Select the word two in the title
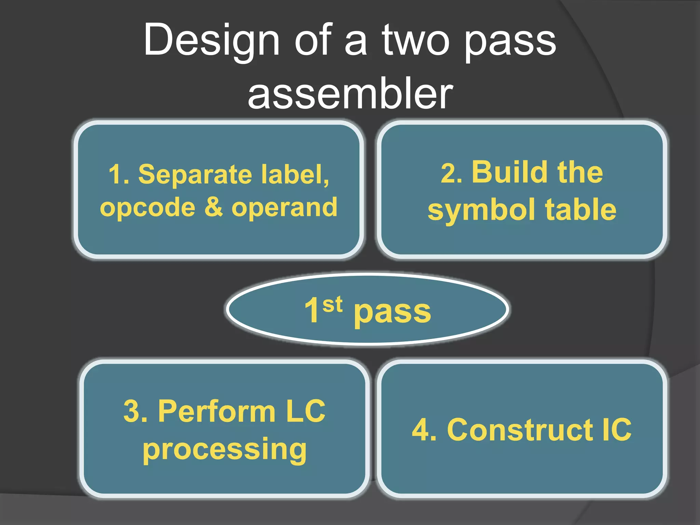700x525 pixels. (x=415, y=40)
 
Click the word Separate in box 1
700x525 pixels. (x=195, y=174)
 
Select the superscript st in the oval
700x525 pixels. (x=332, y=304)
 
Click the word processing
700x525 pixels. (x=225, y=449)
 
